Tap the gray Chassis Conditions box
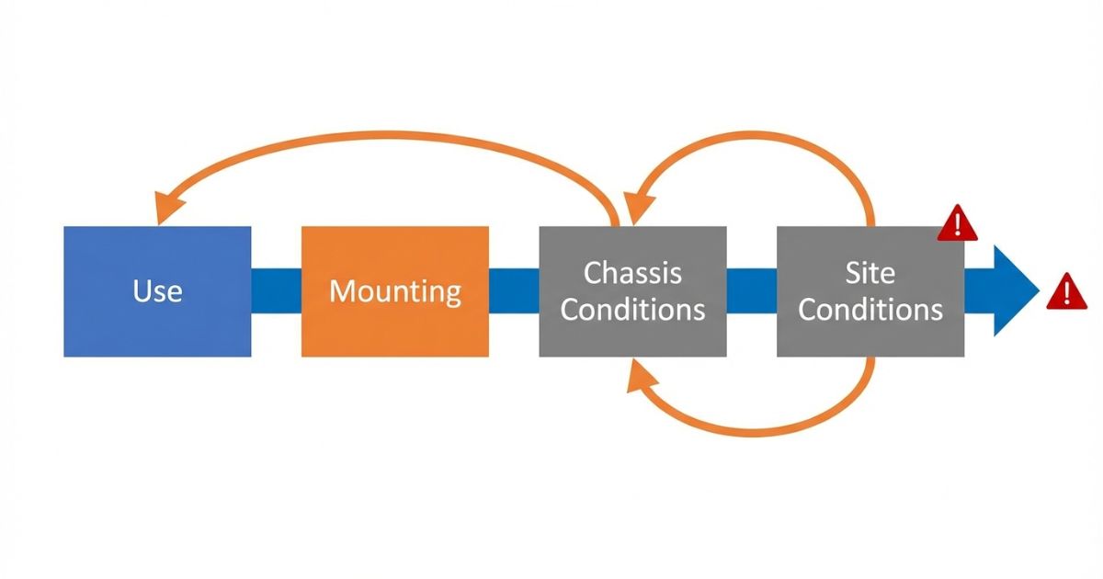point(632,335)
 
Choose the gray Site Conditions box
point(870,335)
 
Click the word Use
point(157,291)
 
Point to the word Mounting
point(395,291)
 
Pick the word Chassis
point(632,273)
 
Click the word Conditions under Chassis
point(632,310)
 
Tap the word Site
point(870,273)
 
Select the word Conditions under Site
point(870,310)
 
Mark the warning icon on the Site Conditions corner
point(957,223)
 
